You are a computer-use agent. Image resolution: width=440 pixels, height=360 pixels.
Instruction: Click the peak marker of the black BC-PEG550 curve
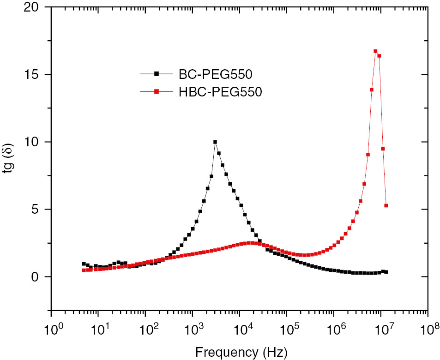click(x=215, y=142)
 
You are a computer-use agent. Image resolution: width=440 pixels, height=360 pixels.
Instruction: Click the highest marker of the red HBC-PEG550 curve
click(x=375, y=51)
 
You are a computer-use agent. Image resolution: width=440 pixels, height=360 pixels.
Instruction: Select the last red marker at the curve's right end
click(x=386, y=206)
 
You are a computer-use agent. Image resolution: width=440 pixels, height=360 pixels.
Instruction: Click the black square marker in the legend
click(x=156, y=73)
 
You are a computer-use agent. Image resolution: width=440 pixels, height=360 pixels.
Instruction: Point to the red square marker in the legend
click(x=156, y=92)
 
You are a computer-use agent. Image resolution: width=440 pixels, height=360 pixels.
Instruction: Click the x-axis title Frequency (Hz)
click(x=241, y=353)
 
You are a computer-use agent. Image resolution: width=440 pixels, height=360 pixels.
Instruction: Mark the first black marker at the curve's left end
click(x=84, y=264)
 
